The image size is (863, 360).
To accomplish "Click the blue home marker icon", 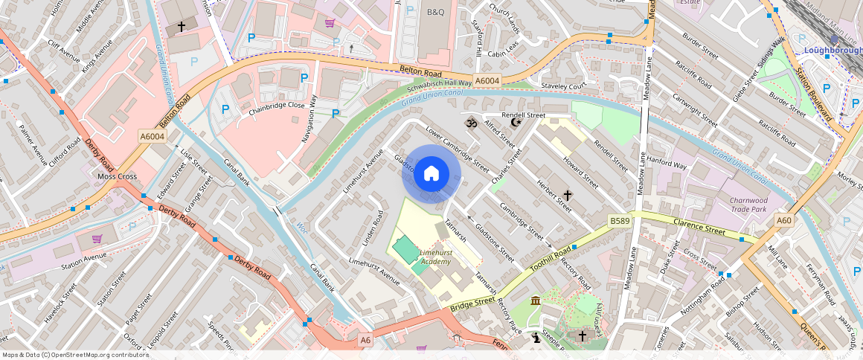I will pos(431,174).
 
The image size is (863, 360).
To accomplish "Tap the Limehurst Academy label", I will pos(435,257).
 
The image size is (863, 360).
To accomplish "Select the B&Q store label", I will pos(435,13).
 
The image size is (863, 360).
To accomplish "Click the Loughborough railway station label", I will pos(832,50).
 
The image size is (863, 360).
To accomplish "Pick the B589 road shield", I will pos(620,221).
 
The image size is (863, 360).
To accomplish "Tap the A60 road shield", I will pos(784,221).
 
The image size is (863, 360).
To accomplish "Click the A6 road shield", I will pos(365,340).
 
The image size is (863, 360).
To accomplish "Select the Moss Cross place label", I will pos(118,177).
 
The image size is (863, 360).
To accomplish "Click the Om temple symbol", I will pos(470,122).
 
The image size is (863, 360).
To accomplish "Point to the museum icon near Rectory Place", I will pos(536,300).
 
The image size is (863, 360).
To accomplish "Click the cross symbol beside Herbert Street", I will pos(568,196).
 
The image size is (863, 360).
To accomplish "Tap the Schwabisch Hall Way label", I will pos(440,84).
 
